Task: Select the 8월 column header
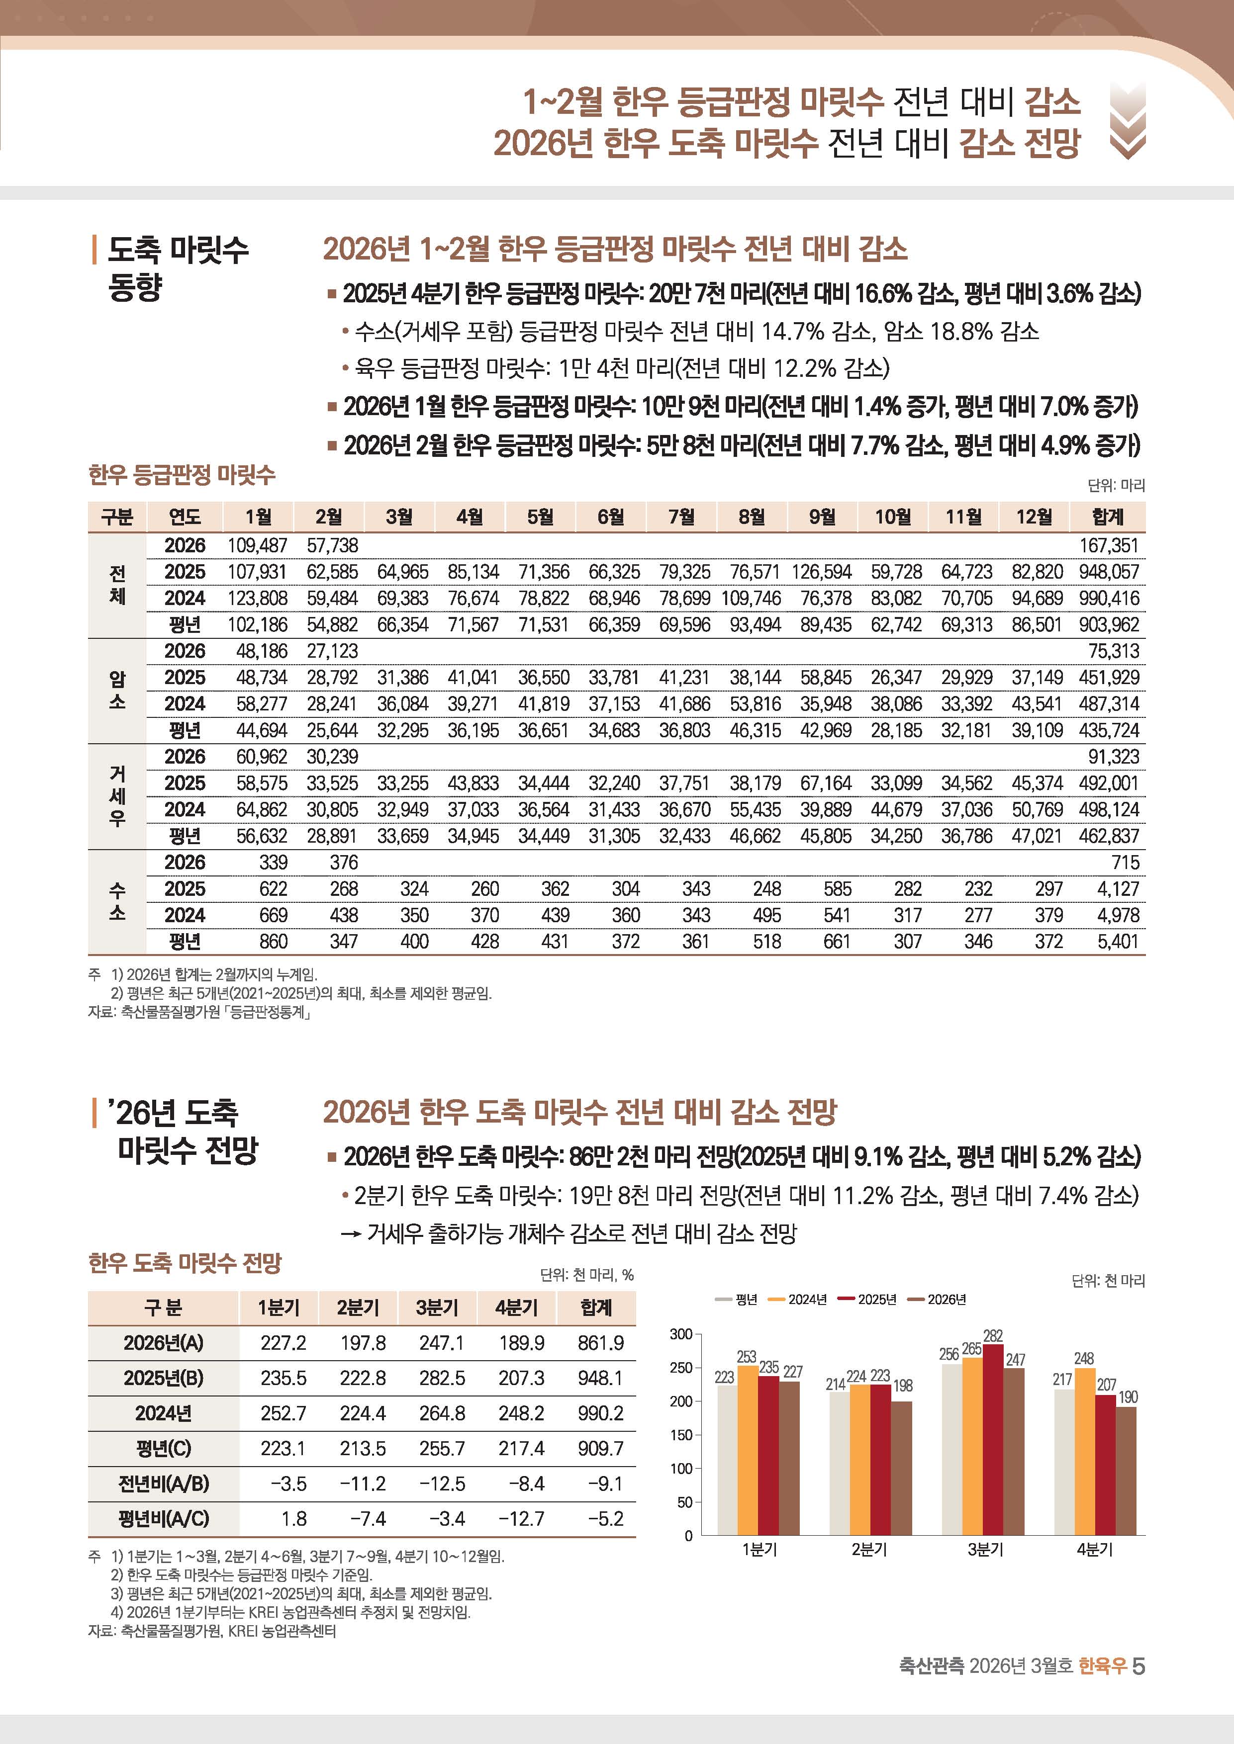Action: (752, 517)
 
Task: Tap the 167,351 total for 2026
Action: (1109, 545)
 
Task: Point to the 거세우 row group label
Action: (117, 796)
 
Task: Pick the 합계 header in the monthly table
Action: (1107, 517)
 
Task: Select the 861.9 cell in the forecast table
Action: (600, 1343)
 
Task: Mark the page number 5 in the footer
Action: (1139, 1666)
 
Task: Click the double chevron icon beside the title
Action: (1128, 121)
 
